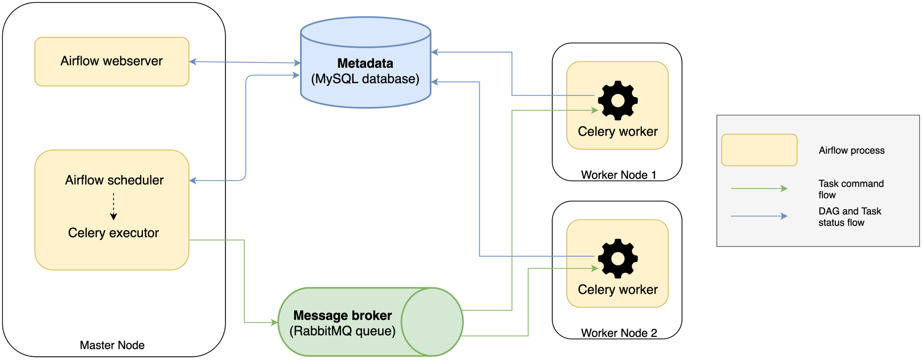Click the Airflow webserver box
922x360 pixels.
pyautogui.click(x=112, y=61)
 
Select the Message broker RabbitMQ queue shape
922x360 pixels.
pyautogui.click(x=370, y=322)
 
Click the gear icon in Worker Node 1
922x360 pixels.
pyautogui.click(x=618, y=100)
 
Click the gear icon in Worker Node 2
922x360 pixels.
pyautogui.click(x=618, y=259)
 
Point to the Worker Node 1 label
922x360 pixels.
pyautogui.click(x=618, y=175)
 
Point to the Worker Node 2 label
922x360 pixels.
pyautogui.click(x=619, y=333)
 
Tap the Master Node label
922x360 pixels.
pyautogui.click(x=112, y=345)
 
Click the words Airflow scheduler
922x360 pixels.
pyautogui.click(x=114, y=180)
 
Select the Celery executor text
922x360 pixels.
pyautogui.click(x=113, y=233)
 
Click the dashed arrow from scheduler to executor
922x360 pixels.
pyautogui.click(x=114, y=207)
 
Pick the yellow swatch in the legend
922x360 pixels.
pyautogui.click(x=759, y=150)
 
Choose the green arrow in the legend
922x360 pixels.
pyautogui.click(x=759, y=188)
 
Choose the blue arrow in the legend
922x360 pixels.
pyautogui.click(x=759, y=216)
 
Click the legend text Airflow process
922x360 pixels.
pyautogui.click(x=852, y=150)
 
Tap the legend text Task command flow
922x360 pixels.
pyautogui.click(x=851, y=189)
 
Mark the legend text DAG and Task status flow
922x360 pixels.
pyautogui.click(x=849, y=217)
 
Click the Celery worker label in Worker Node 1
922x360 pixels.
pyautogui.click(x=618, y=132)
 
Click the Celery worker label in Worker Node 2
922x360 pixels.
pyautogui.click(x=618, y=290)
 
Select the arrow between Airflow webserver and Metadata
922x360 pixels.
pyautogui.click(x=245, y=62)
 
